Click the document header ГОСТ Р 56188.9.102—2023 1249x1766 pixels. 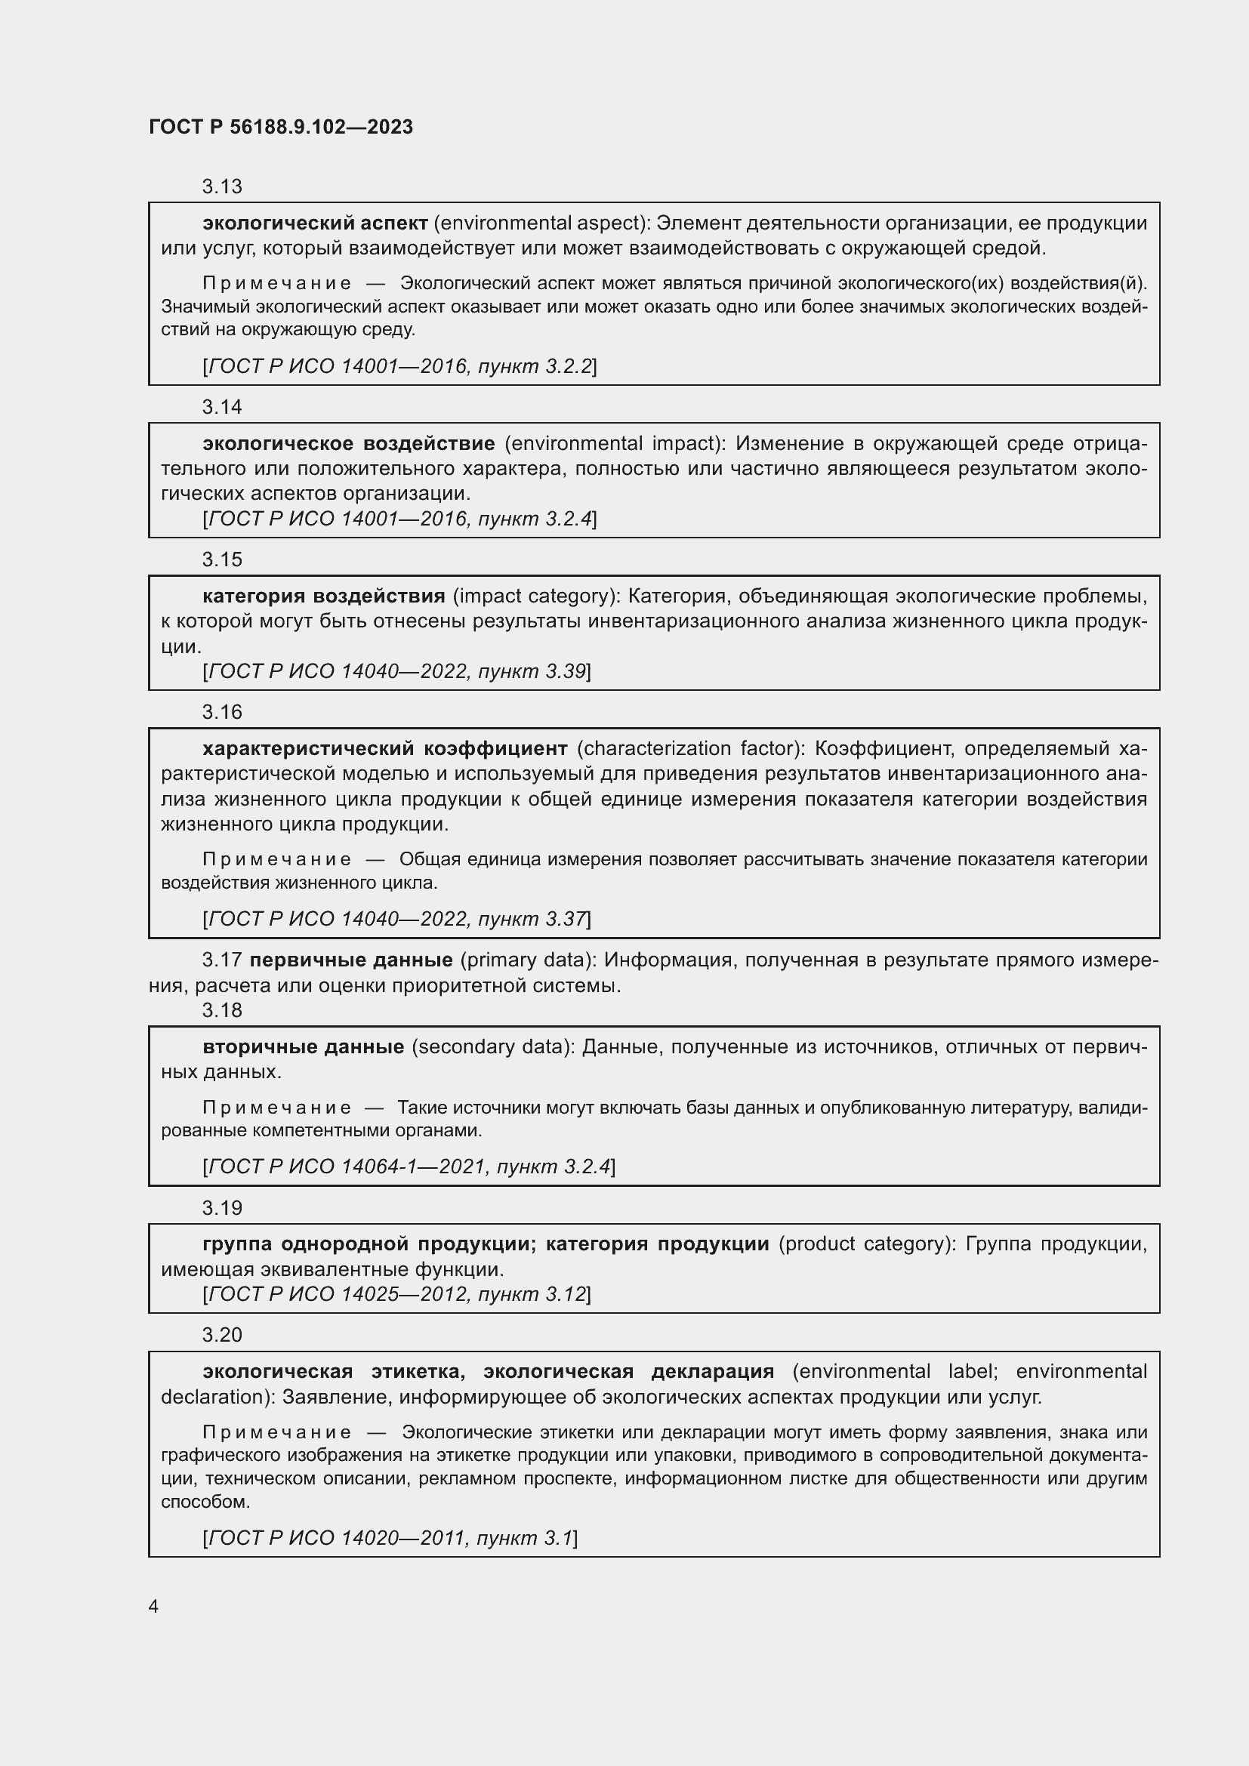281,127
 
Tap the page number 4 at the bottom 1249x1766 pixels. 154,1607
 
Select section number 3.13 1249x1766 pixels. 222,187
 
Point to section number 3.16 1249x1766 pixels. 222,712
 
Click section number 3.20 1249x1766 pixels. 222,1334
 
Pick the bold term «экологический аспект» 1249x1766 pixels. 316,223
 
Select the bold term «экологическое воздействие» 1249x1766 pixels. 348,444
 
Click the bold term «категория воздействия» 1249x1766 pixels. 324,596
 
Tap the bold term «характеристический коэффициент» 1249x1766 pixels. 384,748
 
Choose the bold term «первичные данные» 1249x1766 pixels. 350,960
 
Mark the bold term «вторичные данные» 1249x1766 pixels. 303,1046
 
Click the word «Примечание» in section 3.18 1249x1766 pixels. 277,1108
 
